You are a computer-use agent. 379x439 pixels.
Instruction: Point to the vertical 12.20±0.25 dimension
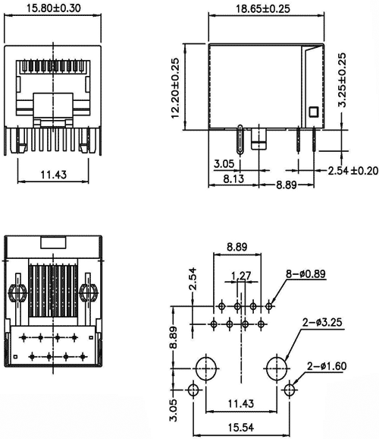click(176, 89)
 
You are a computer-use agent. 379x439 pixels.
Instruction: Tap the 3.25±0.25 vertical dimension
click(343, 80)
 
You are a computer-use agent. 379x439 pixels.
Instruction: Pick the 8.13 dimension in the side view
click(224, 179)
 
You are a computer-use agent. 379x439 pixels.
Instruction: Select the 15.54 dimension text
click(241, 428)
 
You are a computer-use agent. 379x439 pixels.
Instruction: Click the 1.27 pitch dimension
click(241, 276)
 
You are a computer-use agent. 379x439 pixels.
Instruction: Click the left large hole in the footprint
click(205, 369)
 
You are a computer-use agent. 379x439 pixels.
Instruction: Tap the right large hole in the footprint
click(277, 369)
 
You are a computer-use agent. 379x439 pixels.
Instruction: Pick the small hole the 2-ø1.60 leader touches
click(289, 390)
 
